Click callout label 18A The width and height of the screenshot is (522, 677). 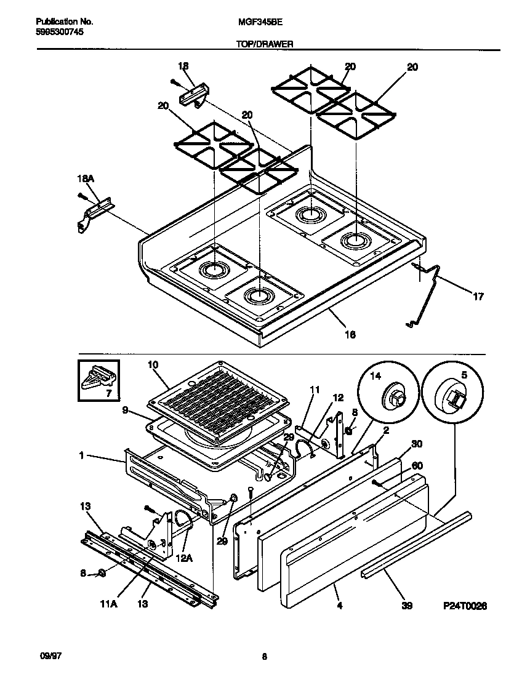(x=86, y=178)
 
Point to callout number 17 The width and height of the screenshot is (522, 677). (x=478, y=296)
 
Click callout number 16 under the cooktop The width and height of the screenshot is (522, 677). (x=350, y=334)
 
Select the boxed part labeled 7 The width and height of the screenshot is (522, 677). (x=99, y=381)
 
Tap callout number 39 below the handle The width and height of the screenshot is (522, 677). (x=406, y=606)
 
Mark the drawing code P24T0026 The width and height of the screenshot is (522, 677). (x=465, y=606)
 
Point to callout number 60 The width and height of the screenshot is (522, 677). (x=417, y=465)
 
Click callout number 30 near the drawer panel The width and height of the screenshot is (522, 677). (x=417, y=444)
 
